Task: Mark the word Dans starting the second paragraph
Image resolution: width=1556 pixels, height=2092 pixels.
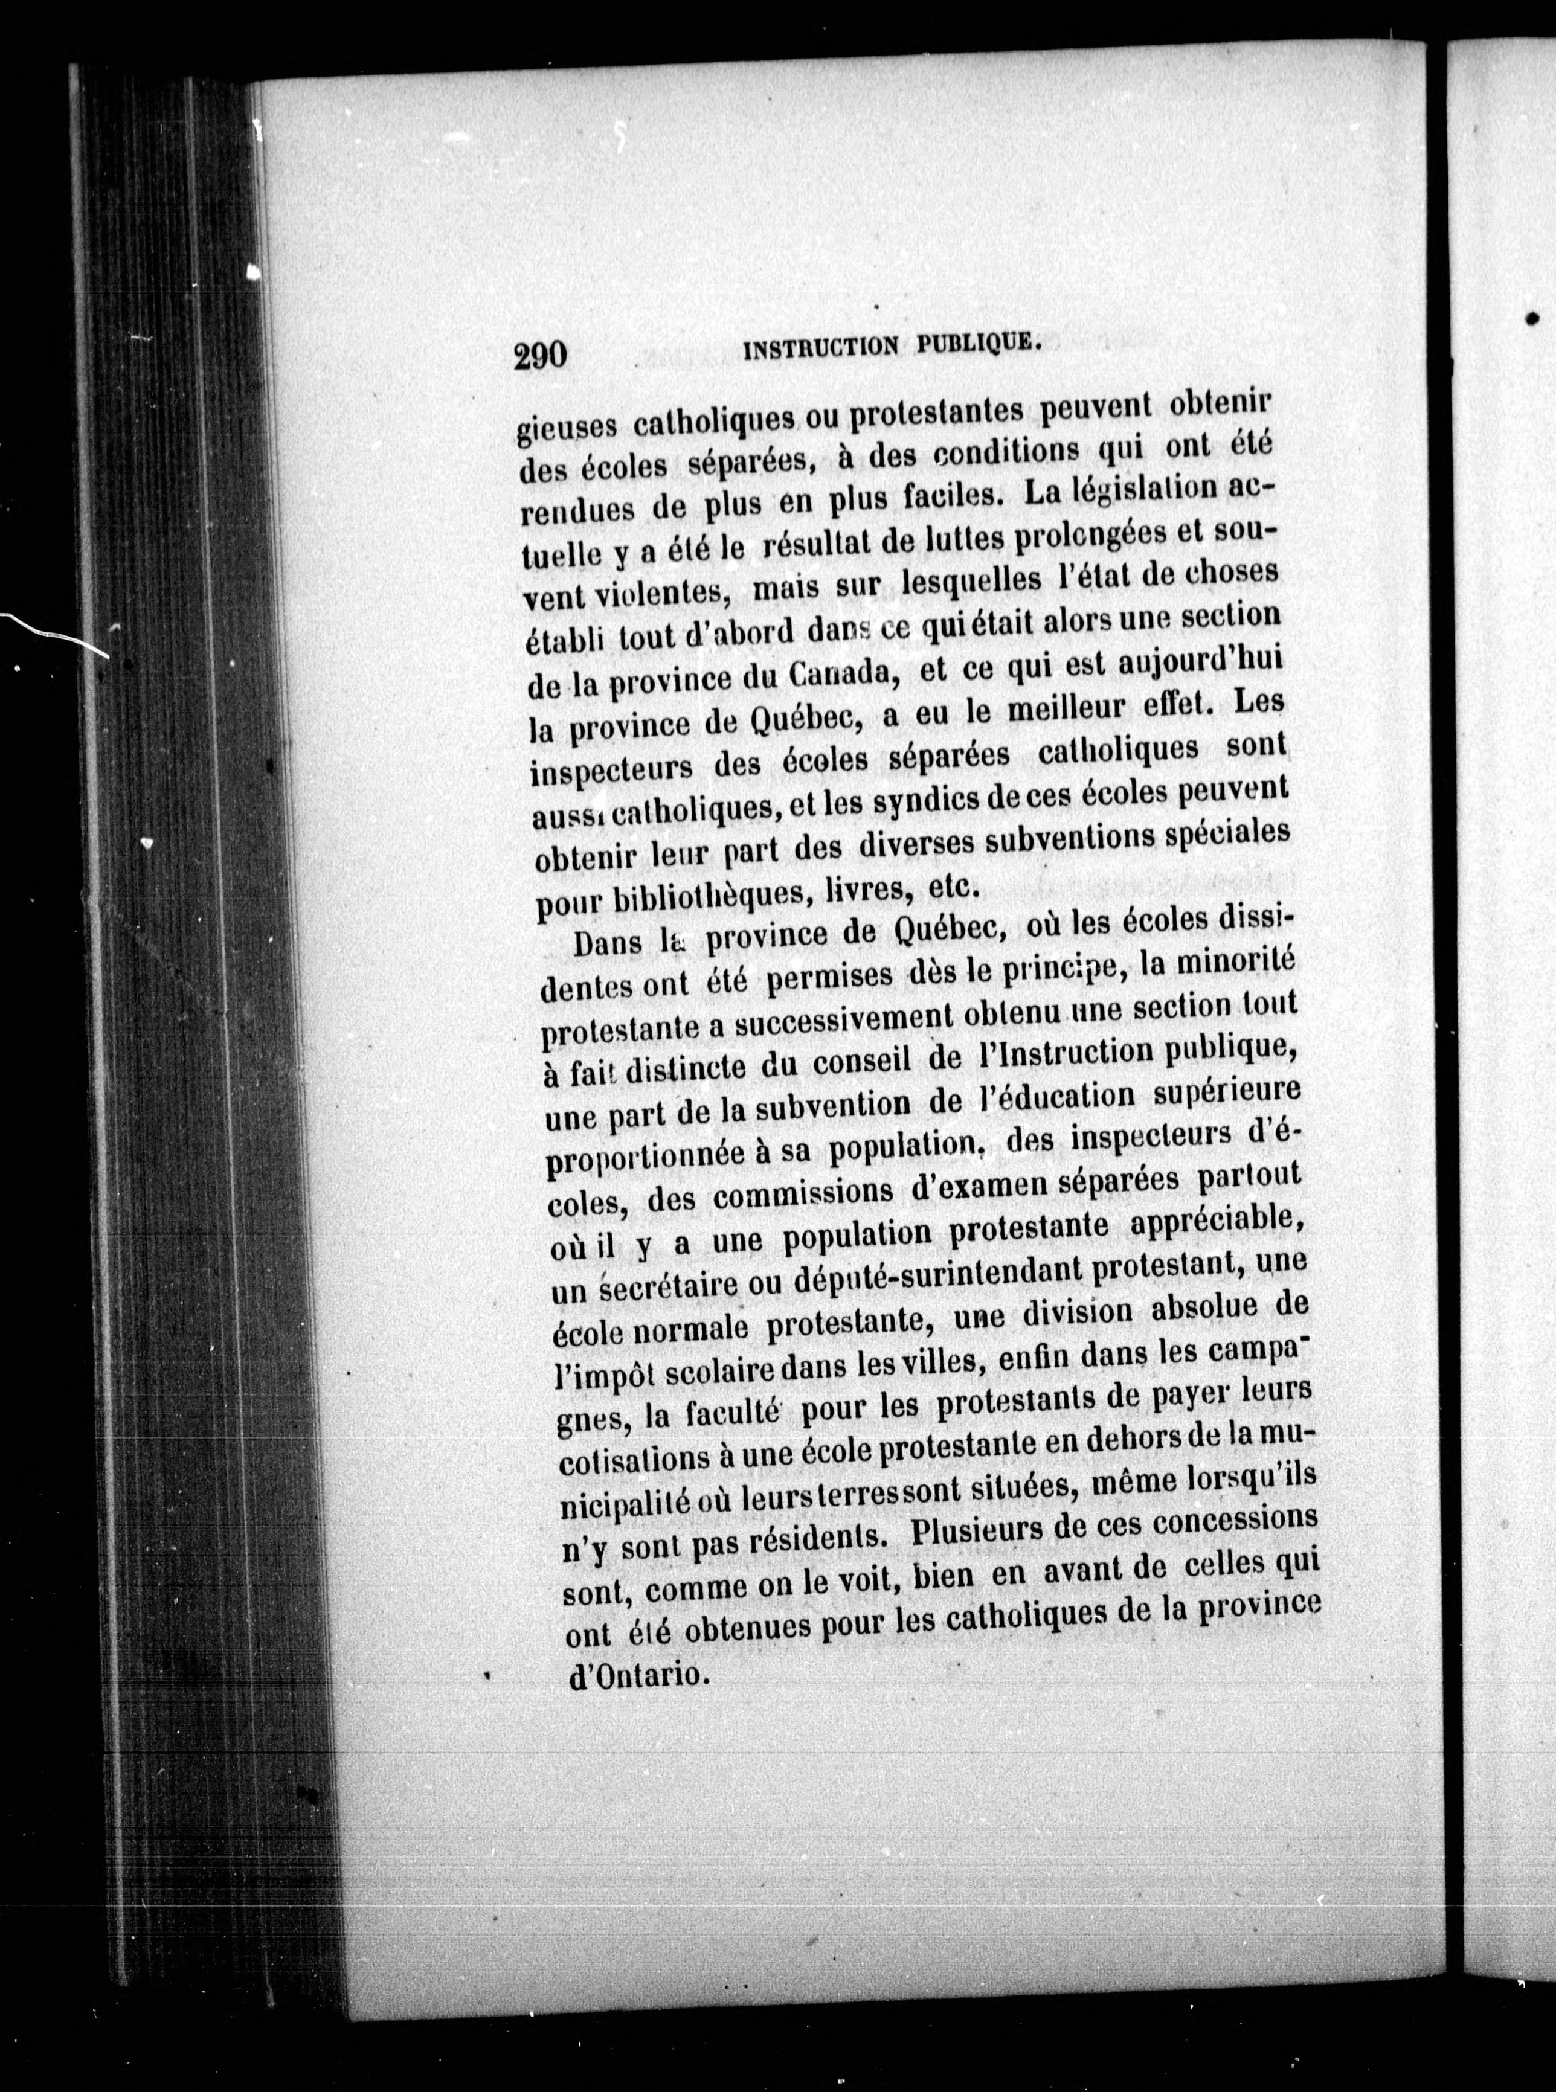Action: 609,943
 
